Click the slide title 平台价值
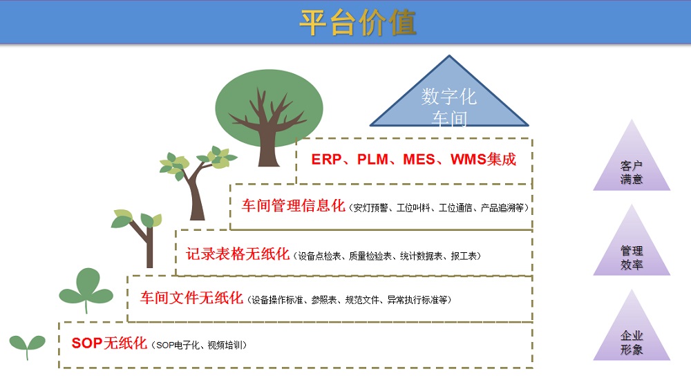357,23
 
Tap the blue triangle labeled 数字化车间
449,99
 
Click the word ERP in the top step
327,160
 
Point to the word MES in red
419,160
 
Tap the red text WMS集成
483,160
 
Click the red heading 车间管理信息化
293,206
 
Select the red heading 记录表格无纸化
238,254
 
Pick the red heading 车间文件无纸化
191,299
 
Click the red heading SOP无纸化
109,343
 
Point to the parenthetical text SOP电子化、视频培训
199,346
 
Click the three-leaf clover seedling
86,290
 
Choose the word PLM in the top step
372,160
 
